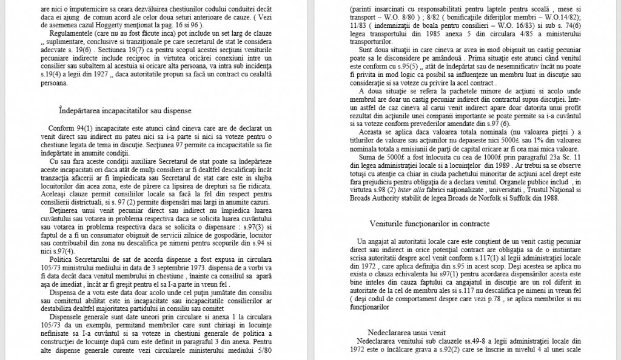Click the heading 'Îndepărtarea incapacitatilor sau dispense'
(126, 111)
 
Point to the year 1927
(101, 75)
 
